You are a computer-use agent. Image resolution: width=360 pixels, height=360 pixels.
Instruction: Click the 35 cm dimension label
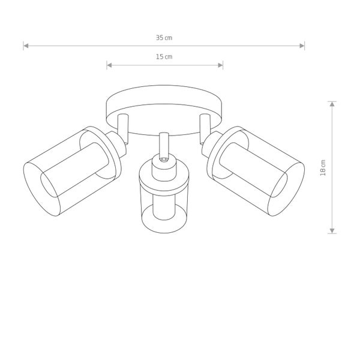pyautogui.click(x=164, y=37)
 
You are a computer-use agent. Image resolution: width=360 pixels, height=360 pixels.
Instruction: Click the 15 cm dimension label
pyautogui.click(x=164, y=56)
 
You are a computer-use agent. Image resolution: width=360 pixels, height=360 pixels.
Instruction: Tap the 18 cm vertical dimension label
pyautogui.click(x=323, y=167)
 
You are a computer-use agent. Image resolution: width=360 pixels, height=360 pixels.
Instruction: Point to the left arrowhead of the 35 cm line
pyautogui.click(x=26, y=45)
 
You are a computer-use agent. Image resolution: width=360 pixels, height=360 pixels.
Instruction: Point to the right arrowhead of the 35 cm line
pyautogui.click(x=302, y=45)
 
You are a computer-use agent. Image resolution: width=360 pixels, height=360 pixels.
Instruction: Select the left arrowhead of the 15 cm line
pyautogui.click(x=109, y=65)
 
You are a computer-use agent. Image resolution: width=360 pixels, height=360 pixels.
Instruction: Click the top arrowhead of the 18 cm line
pyautogui.click(x=332, y=103)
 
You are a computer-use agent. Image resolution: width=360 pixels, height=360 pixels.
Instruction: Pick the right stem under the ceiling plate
pyautogui.click(x=205, y=126)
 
